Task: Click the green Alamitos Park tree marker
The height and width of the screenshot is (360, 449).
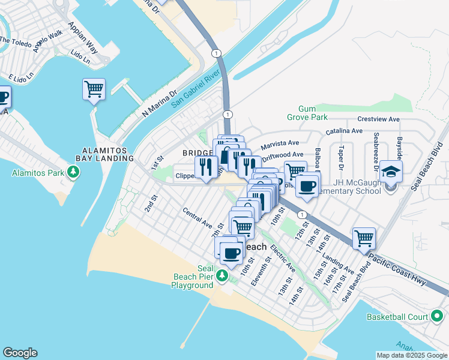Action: click(74, 173)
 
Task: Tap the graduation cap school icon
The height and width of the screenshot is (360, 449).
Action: click(391, 172)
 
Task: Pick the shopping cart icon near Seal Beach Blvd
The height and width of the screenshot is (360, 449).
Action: click(364, 238)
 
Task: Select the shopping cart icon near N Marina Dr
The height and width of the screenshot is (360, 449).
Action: click(94, 89)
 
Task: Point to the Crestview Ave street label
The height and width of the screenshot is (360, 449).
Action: click(378, 119)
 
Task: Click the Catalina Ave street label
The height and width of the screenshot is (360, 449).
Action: click(344, 131)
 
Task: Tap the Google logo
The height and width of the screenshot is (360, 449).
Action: click(20, 353)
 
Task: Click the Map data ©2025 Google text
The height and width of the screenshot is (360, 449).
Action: click(412, 355)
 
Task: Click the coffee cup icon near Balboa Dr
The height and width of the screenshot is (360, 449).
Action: click(307, 186)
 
